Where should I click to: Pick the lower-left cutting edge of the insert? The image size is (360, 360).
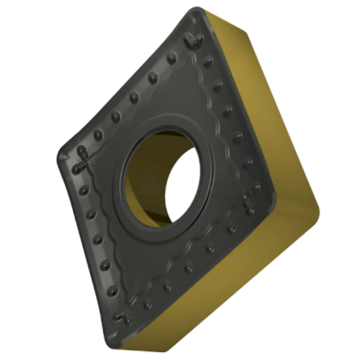coord(88,243)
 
